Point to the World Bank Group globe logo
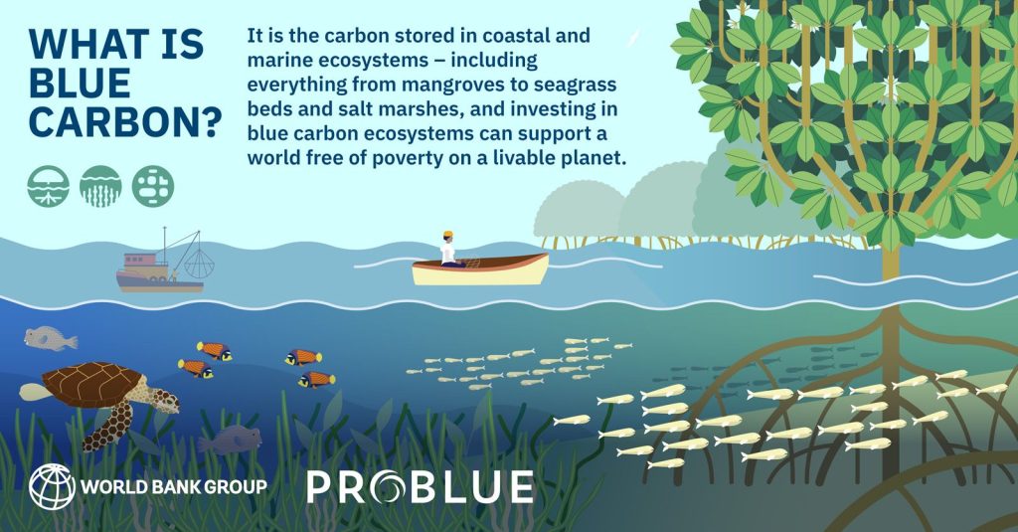[x=52, y=486]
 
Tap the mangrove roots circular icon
[x=48, y=186]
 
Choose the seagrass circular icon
[x=100, y=186]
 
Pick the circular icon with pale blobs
[x=152, y=186]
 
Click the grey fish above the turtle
[x=50, y=338]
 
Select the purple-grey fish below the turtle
[x=230, y=441]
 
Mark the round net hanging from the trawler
[x=199, y=263]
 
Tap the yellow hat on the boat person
[x=448, y=234]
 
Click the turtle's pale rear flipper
[x=33, y=392]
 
